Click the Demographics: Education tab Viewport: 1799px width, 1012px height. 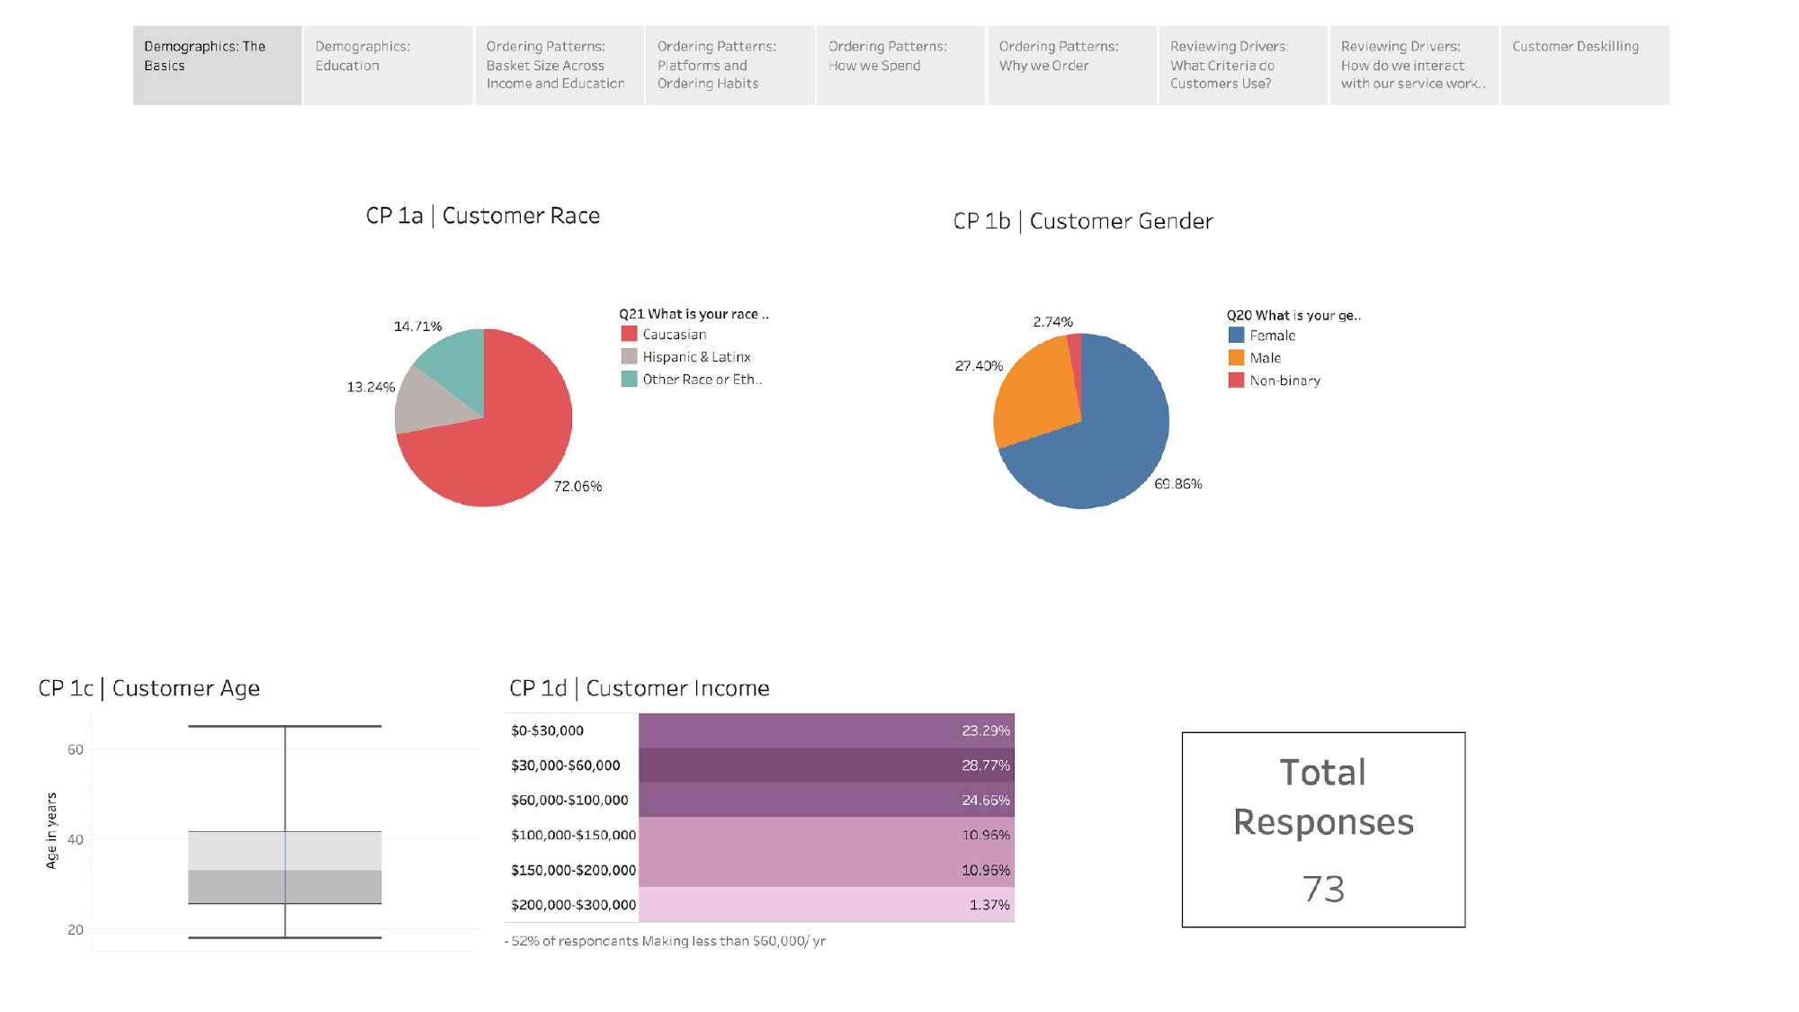pos(388,65)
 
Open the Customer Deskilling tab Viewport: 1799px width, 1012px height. pos(1584,65)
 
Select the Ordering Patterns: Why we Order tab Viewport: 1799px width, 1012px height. pos(1071,65)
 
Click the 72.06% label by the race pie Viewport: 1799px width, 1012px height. pos(577,487)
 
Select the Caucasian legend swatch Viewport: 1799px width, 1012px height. pos(629,334)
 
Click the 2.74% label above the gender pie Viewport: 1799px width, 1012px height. pos(1052,322)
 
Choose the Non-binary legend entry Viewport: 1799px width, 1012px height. pos(1284,381)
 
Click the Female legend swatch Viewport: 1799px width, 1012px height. pos(1236,335)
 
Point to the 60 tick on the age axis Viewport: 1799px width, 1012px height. pos(76,749)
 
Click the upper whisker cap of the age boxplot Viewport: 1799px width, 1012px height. pos(284,726)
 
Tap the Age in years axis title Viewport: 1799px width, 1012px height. pos(51,830)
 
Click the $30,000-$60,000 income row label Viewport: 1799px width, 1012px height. pos(565,766)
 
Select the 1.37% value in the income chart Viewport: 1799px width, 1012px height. pos(989,905)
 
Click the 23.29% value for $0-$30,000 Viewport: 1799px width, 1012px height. pos(985,730)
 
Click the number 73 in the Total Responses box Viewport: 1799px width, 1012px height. pos(1323,889)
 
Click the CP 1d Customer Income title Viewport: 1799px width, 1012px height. pos(639,688)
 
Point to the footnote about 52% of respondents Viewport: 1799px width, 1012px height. pos(666,941)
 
